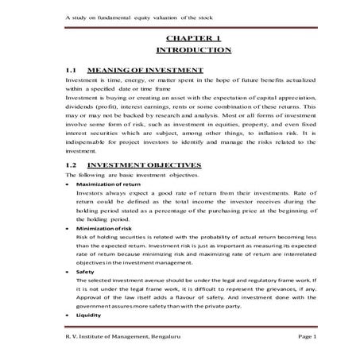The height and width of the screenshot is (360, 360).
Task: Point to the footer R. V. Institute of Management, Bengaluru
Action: click(x=123, y=339)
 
